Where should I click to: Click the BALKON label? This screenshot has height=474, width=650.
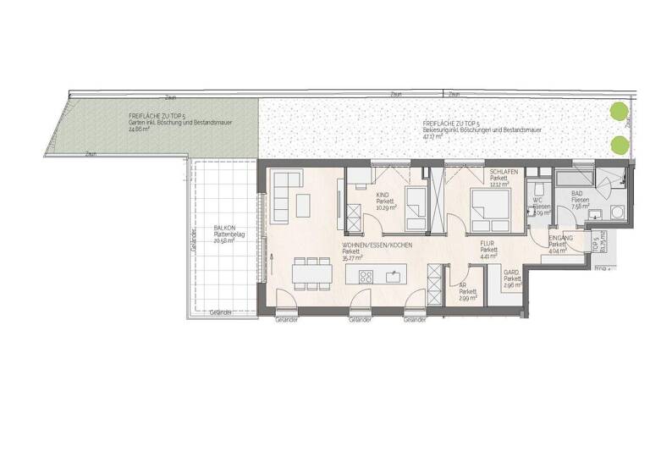click(224, 229)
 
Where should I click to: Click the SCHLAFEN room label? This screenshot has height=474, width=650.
click(504, 171)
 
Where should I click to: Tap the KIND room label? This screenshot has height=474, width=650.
click(383, 195)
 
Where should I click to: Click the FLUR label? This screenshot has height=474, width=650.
click(487, 244)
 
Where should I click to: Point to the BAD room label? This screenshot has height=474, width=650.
click(576, 192)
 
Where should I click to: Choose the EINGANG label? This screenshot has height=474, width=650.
click(559, 239)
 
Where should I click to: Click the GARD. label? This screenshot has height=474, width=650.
click(510, 273)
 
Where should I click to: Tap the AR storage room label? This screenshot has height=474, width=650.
click(462, 285)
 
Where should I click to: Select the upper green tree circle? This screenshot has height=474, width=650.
click(620, 111)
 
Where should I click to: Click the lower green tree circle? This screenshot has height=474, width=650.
click(620, 144)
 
